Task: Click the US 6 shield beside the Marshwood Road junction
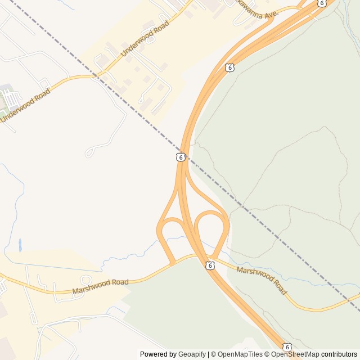209,265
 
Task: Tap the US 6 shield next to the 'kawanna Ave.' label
321,3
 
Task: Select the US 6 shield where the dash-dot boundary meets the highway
180,157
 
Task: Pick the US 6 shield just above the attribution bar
287,346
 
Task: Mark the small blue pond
20,245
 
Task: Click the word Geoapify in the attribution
192,354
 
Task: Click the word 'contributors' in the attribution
339,354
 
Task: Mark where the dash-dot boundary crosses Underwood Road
95,75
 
